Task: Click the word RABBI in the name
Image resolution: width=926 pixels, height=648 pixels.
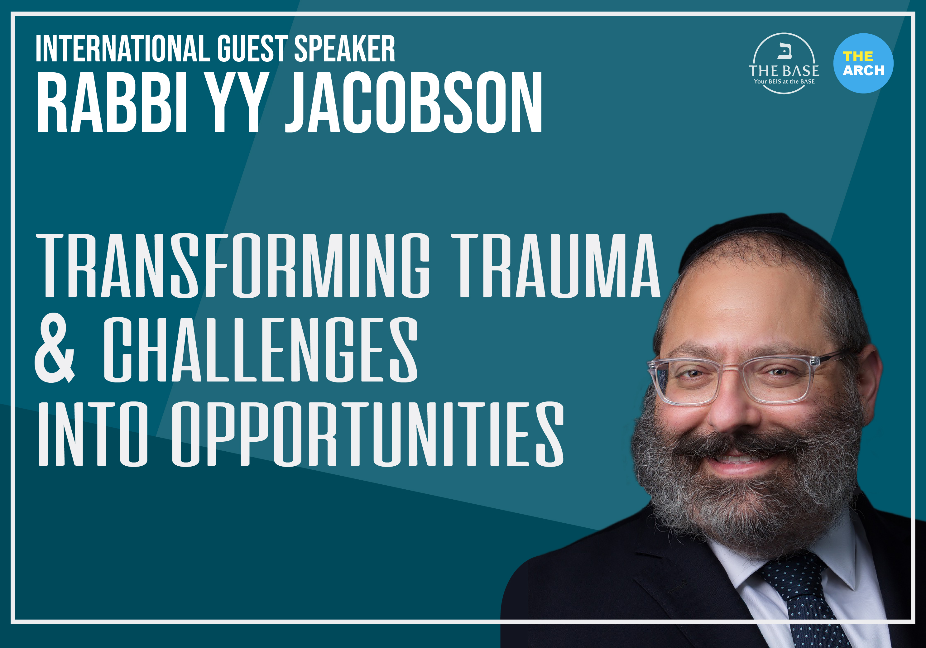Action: pyautogui.click(x=112, y=103)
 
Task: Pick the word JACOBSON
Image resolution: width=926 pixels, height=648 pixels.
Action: pyautogui.click(x=413, y=103)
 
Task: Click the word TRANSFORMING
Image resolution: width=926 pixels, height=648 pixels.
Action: pyautogui.click(x=233, y=266)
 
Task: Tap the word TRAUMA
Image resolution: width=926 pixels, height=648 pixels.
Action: pyautogui.click(x=556, y=266)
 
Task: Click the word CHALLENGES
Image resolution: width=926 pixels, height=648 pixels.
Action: pyautogui.click(x=261, y=349)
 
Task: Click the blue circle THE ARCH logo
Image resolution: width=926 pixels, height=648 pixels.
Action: pyautogui.click(x=863, y=63)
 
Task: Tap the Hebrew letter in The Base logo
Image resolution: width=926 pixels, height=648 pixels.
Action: pyautogui.click(x=784, y=51)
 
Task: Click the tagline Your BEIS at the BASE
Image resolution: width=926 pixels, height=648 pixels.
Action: pyautogui.click(x=784, y=81)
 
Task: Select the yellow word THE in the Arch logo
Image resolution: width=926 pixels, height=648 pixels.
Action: pyautogui.click(x=858, y=56)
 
